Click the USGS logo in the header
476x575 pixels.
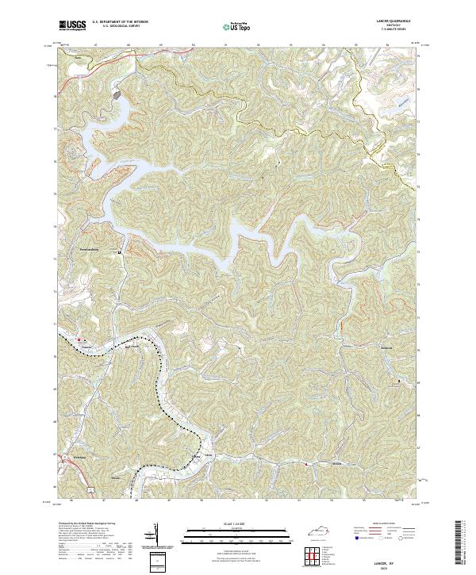point(73,25)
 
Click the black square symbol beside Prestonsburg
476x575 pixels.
point(119,253)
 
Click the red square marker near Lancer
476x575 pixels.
point(79,342)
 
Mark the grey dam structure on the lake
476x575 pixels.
point(117,94)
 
